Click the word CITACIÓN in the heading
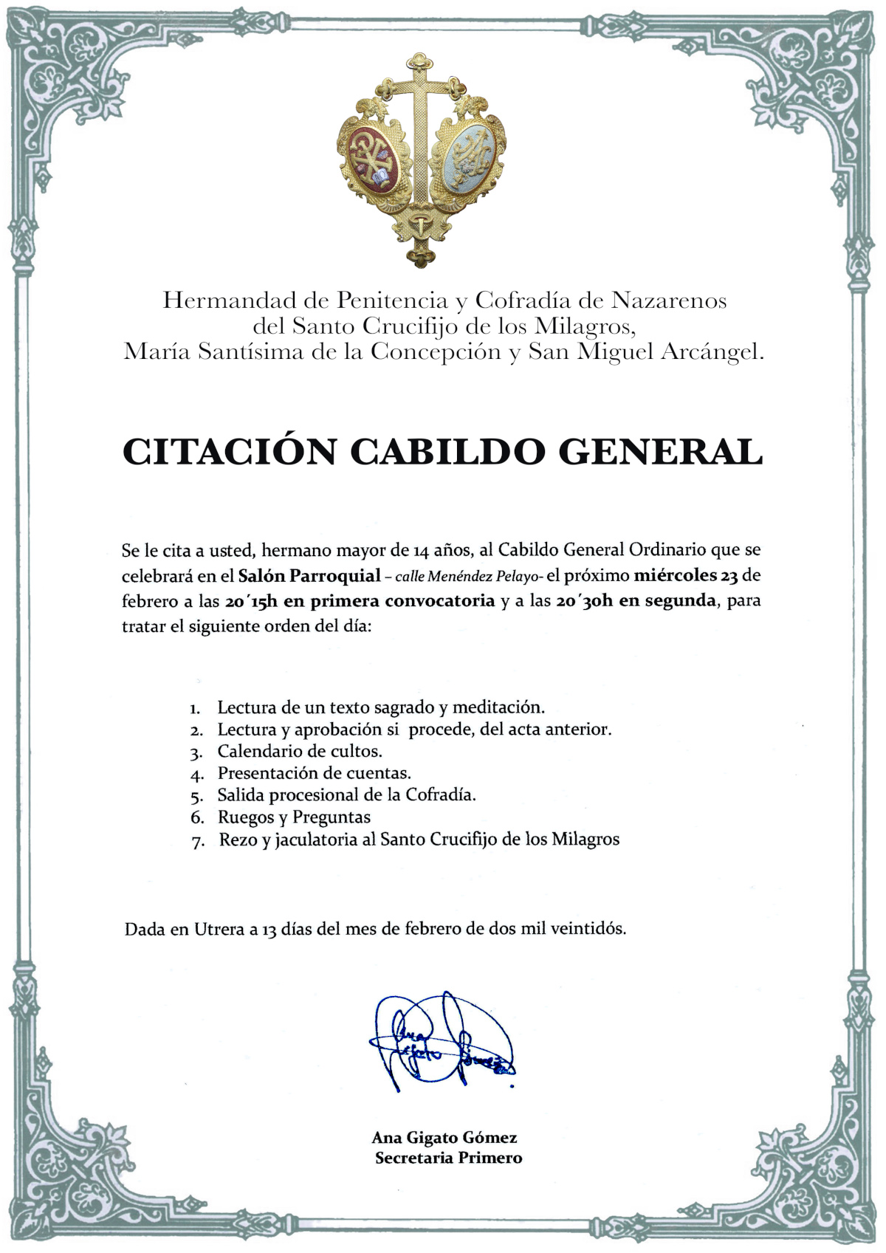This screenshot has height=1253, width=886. [x=229, y=452]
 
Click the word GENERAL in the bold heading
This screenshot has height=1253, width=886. [x=660, y=452]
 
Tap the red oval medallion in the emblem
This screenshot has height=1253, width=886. [x=373, y=160]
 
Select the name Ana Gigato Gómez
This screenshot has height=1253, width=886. [x=444, y=1138]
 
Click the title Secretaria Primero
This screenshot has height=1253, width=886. [x=448, y=1158]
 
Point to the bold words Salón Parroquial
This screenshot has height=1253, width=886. [x=309, y=575]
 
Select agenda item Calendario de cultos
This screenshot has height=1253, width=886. [x=299, y=752]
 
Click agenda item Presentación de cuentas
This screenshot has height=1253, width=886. [x=314, y=773]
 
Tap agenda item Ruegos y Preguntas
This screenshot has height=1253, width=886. [x=294, y=817]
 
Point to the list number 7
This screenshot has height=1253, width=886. [x=197, y=841]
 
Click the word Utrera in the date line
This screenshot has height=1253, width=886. [x=219, y=929]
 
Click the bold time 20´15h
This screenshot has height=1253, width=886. [x=251, y=601]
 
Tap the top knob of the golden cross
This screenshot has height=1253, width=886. [x=420, y=60]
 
